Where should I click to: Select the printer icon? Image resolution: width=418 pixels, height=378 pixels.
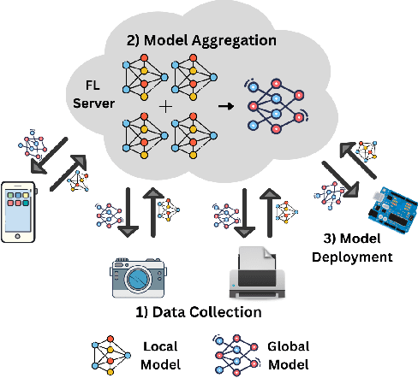coord(254,272)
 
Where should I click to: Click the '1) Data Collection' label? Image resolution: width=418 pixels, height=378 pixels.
coord(199,313)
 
